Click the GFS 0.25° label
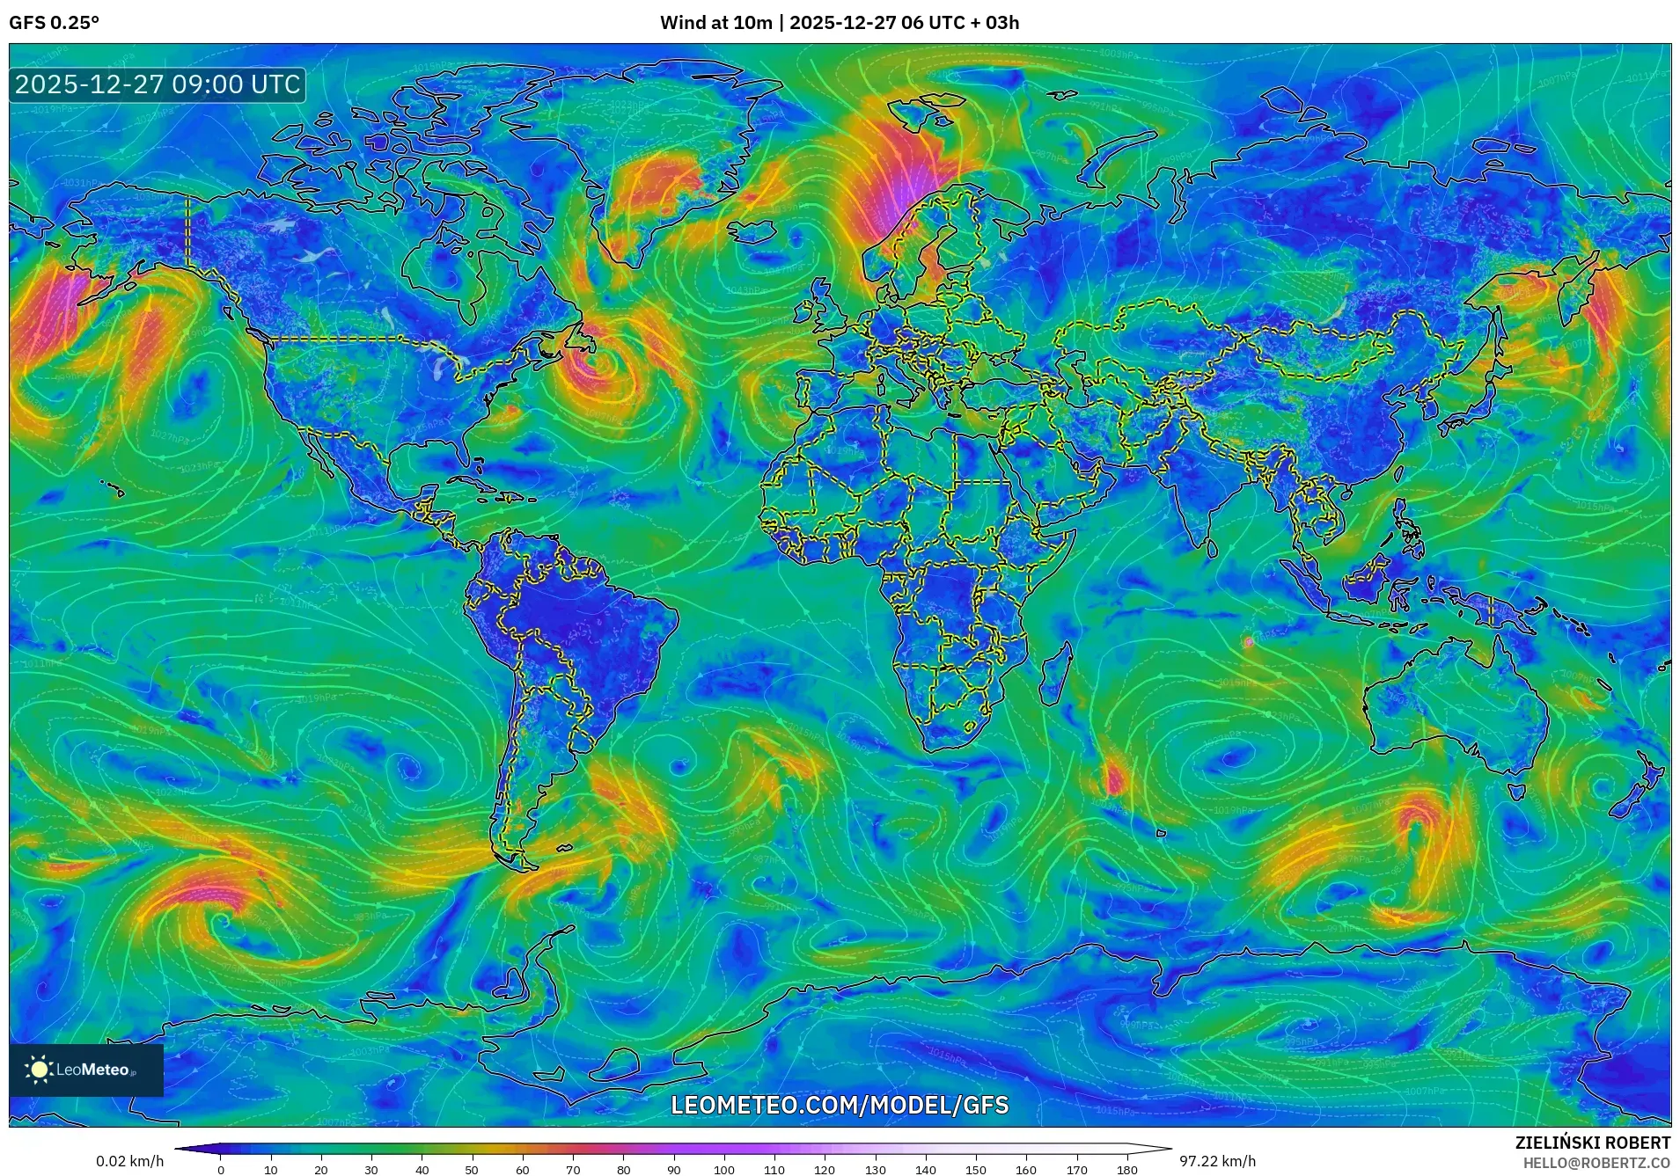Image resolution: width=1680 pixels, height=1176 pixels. coord(54,23)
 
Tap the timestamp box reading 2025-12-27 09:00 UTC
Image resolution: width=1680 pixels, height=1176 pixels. coord(158,84)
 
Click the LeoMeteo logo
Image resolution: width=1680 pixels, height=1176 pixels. coord(85,1070)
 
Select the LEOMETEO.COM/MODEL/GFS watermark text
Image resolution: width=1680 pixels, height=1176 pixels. coord(840,1105)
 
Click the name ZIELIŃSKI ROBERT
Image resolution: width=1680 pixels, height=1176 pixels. coord(1592,1143)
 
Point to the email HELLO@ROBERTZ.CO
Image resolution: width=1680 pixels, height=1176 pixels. coord(1596,1162)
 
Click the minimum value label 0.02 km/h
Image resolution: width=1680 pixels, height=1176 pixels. coord(129,1161)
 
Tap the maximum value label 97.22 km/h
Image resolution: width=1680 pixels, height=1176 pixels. coord(1217,1161)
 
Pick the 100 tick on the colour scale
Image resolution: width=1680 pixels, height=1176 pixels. coord(724,1170)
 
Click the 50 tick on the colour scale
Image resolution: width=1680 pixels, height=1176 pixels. coord(472,1170)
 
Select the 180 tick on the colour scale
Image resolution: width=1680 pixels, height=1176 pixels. coord(1127,1170)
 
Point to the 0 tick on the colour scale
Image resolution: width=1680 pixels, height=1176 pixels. coord(220,1170)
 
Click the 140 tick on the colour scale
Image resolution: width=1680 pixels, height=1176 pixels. coord(926,1170)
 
